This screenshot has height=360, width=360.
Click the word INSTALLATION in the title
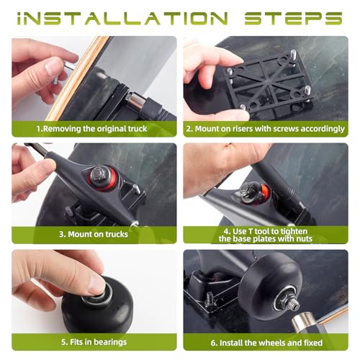click(122, 19)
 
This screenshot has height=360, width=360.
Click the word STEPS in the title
click(293, 19)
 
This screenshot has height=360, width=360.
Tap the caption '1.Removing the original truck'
click(91, 129)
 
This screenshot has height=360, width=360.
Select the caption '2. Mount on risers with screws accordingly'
click(266, 129)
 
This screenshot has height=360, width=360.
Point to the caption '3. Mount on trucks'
click(94, 234)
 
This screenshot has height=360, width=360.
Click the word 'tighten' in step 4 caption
click(294, 232)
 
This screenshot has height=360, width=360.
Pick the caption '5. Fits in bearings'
click(94, 342)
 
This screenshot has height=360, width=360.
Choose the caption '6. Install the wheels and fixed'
click(266, 343)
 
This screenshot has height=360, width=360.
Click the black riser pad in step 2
click(269, 84)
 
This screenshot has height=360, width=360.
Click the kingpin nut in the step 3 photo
click(99, 174)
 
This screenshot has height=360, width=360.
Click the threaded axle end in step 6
click(293, 305)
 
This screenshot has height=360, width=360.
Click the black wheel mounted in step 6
click(270, 287)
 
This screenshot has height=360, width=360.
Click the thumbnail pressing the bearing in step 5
click(96, 285)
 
